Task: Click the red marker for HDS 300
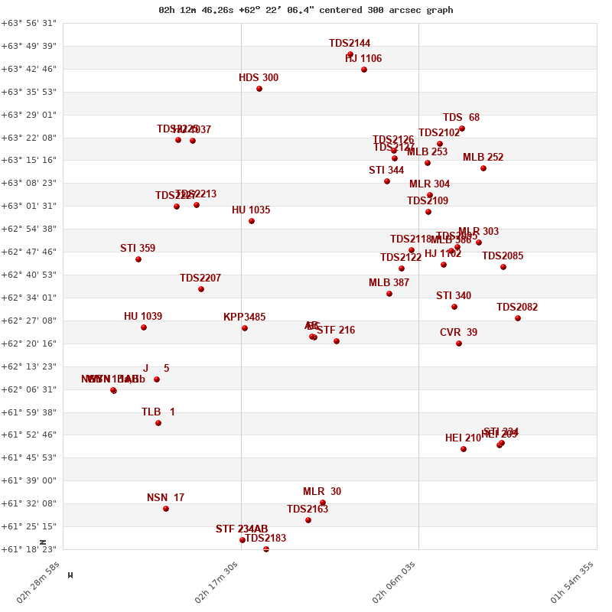pyautogui.click(x=259, y=89)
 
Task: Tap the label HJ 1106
pyautogui.click(x=363, y=59)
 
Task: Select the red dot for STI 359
pyautogui.click(x=138, y=259)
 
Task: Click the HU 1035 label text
pyautogui.click(x=251, y=210)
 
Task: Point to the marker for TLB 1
pyautogui.click(x=158, y=423)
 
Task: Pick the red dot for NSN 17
pyautogui.click(x=166, y=509)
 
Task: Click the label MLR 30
pyautogui.click(x=322, y=492)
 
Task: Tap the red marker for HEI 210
pyautogui.click(x=464, y=449)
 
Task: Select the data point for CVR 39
pyautogui.click(x=459, y=343)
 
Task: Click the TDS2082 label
pyautogui.click(x=517, y=308)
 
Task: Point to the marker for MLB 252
pyautogui.click(x=483, y=168)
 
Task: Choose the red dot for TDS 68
pyautogui.click(x=462, y=129)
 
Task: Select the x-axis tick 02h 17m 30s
pyautogui.click(x=216, y=583)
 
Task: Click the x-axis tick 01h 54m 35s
pyautogui.click(x=572, y=583)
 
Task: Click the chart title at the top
pyautogui.click(x=306, y=10)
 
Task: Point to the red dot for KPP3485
pyautogui.click(x=245, y=328)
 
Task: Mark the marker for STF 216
pyautogui.click(x=337, y=341)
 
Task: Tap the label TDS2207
pyautogui.click(x=200, y=278)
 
